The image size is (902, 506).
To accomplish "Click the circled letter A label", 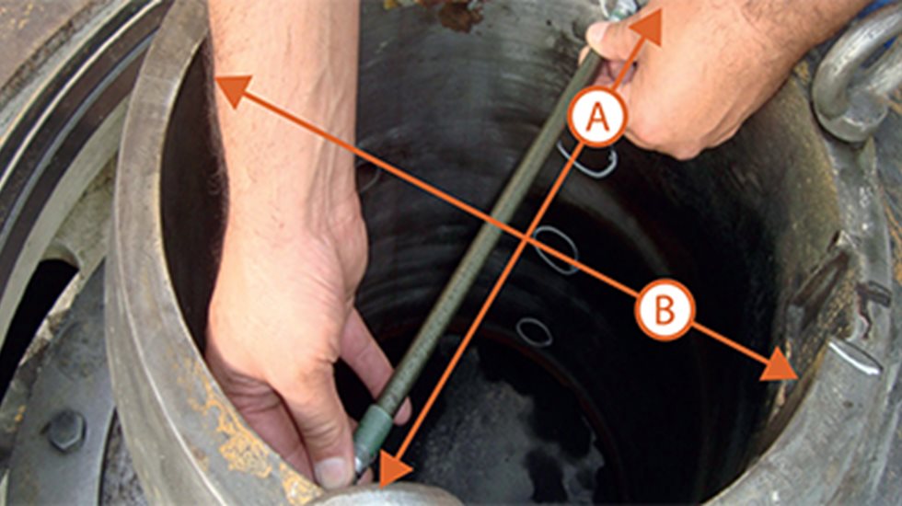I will (597, 117).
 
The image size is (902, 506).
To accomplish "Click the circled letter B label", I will (664, 310).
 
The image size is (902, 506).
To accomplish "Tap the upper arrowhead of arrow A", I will (648, 25).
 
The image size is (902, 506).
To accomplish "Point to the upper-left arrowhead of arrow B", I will (232, 89).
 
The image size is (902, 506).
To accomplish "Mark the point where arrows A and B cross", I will (527, 241).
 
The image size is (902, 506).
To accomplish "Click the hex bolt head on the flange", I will (65, 430).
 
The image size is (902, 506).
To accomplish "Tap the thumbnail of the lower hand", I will (333, 471).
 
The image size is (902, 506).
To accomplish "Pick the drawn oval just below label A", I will (587, 160).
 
